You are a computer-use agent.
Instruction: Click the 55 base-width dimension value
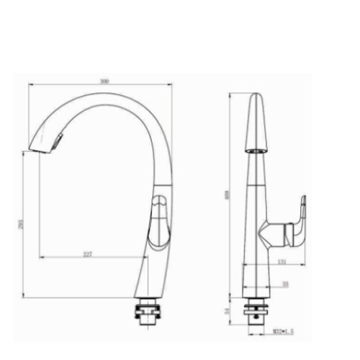285,284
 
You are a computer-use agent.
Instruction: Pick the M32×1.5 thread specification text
283,331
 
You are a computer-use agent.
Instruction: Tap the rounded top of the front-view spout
255,96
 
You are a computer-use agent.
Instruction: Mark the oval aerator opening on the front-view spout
255,152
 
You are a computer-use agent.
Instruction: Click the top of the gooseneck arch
101,96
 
